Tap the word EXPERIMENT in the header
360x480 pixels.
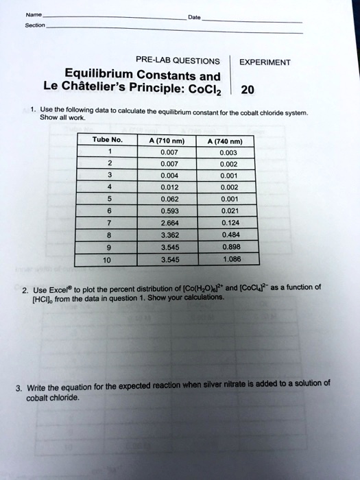(x=264, y=62)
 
